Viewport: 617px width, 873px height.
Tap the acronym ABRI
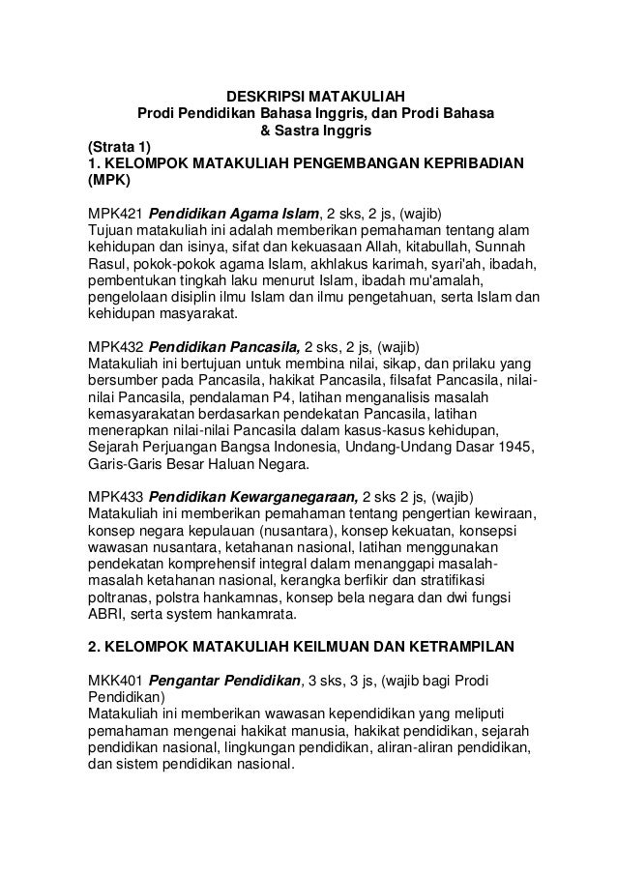click(x=105, y=613)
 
